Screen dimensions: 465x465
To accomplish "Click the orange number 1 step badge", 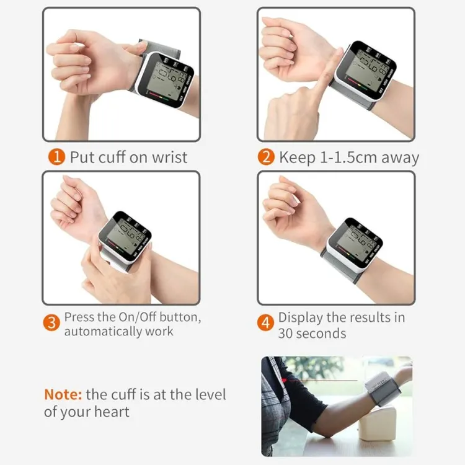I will point(56,157).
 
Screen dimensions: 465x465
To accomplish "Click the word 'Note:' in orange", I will point(63,394).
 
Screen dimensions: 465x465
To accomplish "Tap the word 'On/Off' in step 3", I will point(138,317).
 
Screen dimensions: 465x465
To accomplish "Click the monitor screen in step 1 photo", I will point(162,79).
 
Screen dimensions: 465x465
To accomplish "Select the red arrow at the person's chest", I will point(284,379).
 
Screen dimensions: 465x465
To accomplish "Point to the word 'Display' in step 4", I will point(299,317).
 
